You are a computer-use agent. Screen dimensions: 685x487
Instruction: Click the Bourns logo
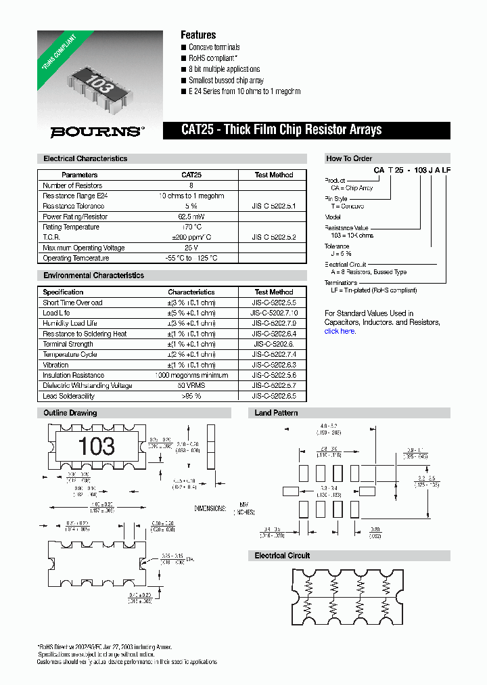pyautogui.click(x=97, y=131)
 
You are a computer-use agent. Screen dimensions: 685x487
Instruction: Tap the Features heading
pyautogui.click(x=198, y=35)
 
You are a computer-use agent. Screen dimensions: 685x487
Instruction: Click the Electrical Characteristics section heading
pyautogui.click(x=85, y=158)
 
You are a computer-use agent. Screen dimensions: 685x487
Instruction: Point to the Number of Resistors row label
pyautogui.click(x=72, y=185)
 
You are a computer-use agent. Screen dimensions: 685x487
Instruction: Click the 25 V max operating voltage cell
pyautogui.click(x=191, y=248)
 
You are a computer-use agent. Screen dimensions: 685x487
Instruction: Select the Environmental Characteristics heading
pyautogui.click(x=93, y=275)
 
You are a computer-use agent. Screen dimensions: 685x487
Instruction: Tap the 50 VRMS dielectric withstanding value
pyautogui.click(x=191, y=386)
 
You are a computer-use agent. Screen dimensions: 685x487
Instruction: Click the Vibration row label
pyautogui.click(x=55, y=365)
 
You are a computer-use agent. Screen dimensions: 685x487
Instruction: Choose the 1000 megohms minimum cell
pyautogui.click(x=191, y=375)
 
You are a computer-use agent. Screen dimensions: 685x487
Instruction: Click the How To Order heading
pyautogui.click(x=349, y=158)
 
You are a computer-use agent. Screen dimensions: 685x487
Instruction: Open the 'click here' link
pyautogui.click(x=340, y=331)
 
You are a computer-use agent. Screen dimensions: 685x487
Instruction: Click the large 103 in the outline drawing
pyautogui.click(x=97, y=446)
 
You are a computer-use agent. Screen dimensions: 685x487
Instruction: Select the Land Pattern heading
pyautogui.click(x=276, y=413)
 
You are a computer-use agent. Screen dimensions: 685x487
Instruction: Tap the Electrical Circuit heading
pyautogui.click(x=282, y=556)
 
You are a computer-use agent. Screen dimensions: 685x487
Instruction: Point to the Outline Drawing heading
pyautogui.click(x=70, y=413)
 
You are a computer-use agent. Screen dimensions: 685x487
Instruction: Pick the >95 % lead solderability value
pyautogui.click(x=191, y=396)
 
